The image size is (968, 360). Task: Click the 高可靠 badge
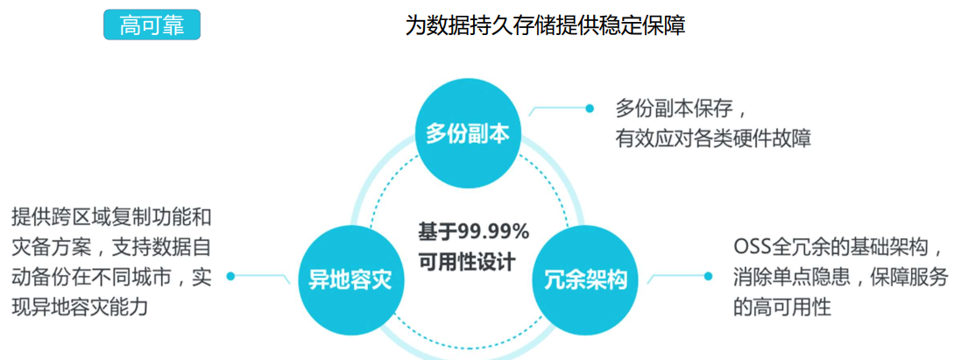(152, 25)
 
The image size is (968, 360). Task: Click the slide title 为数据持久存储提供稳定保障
(544, 25)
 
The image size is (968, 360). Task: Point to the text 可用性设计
(467, 261)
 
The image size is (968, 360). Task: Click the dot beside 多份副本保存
(590, 109)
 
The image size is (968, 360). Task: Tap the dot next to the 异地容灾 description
(230, 276)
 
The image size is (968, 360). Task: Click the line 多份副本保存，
(682, 109)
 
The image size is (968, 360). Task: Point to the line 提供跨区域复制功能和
(111, 216)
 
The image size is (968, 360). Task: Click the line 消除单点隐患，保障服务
(840, 278)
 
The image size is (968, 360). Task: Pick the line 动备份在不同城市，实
(111, 278)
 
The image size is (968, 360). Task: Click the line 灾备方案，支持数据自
(111, 247)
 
